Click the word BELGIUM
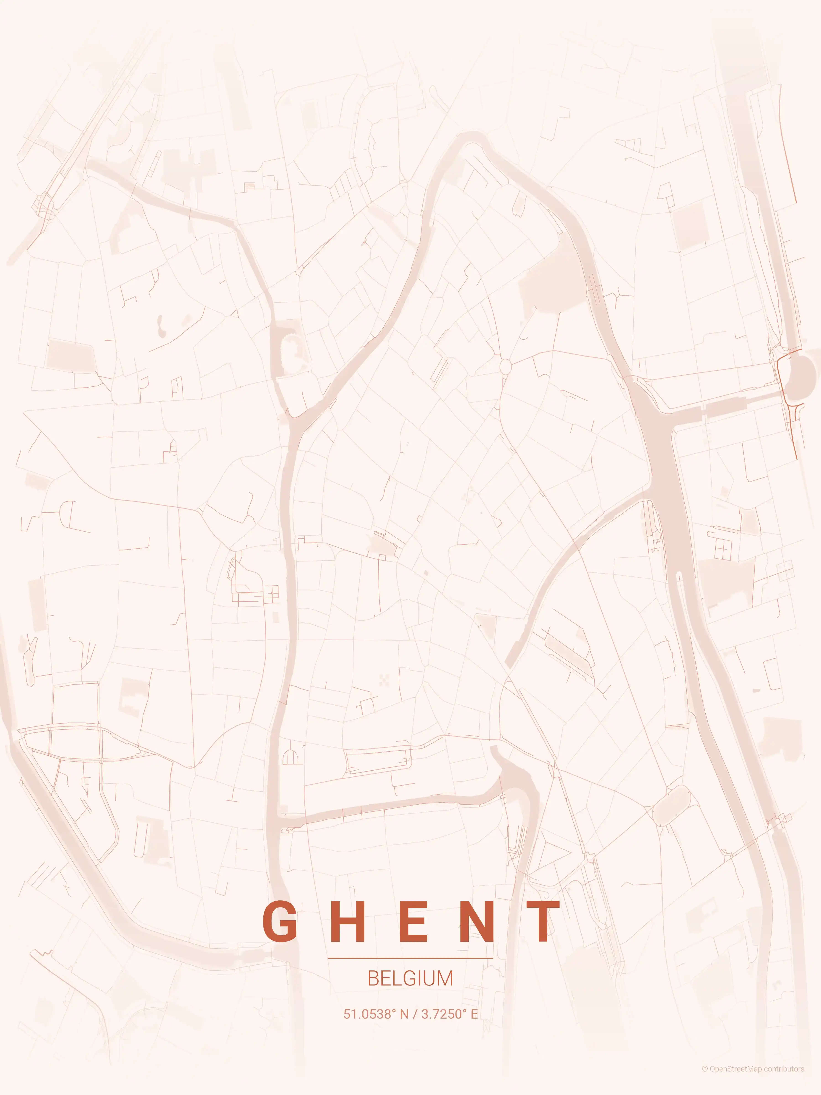coord(410,978)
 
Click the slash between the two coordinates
coord(415,1014)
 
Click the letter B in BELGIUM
coord(373,978)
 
